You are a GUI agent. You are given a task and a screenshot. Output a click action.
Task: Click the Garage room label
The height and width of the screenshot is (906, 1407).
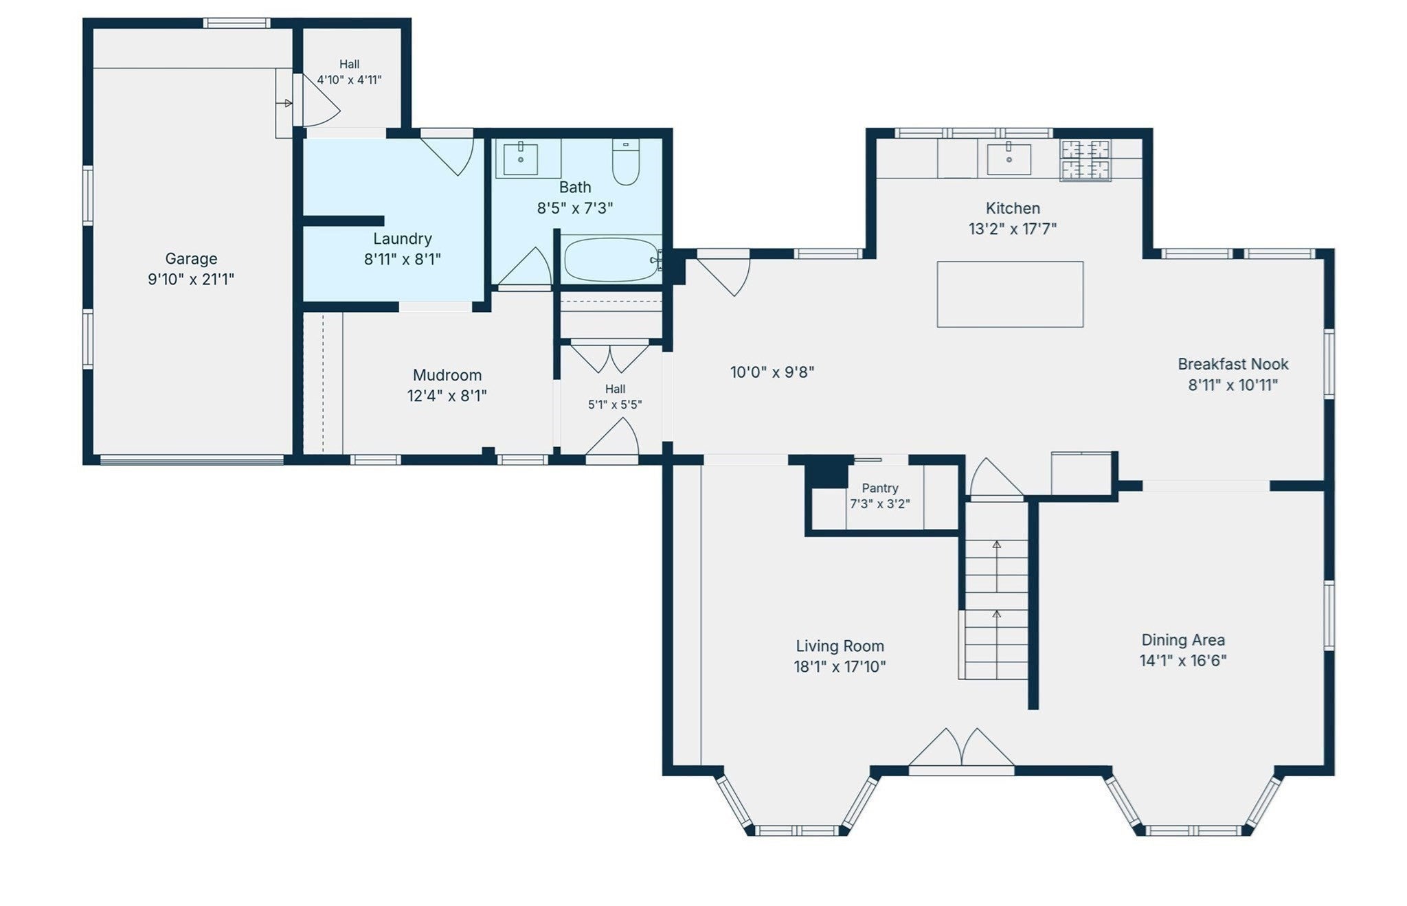point(191,259)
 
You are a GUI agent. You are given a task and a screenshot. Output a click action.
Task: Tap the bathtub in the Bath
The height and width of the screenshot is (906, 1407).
point(611,260)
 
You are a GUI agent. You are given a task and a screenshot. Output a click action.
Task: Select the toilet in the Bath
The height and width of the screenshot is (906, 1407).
point(626,162)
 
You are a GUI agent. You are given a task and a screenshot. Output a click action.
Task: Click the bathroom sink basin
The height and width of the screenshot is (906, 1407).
point(521,158)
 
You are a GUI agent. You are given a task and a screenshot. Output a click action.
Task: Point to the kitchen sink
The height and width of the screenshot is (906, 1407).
point(1009,159)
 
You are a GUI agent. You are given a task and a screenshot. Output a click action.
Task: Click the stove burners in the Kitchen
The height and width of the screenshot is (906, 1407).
point(1085,160)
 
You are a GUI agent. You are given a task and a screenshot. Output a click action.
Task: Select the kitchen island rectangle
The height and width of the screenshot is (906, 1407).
point(1010,294)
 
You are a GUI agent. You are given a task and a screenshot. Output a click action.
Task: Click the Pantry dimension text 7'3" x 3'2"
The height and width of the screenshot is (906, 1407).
point(880,503)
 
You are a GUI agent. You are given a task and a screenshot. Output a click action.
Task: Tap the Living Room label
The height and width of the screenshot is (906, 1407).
point(840,646)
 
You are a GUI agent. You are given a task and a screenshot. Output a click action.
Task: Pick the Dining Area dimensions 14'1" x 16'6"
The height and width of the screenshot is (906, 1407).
point(1183,661)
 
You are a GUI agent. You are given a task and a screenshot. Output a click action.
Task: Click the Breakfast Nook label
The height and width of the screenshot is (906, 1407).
point(1233,364)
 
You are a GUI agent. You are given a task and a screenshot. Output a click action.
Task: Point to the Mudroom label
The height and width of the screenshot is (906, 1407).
point(447,375)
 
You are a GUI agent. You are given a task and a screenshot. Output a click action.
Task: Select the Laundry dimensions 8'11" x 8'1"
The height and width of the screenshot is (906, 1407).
point(403,259)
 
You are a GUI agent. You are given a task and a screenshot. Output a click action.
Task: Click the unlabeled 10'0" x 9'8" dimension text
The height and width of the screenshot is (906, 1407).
point(772,372)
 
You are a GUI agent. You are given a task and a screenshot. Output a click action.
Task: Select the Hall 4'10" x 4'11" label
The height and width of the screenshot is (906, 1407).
point(349,71)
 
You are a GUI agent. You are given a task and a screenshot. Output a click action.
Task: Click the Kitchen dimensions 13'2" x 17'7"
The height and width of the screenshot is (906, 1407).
point(1013,229)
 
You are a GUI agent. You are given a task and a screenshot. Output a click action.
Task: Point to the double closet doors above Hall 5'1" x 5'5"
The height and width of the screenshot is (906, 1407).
point(610,355)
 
